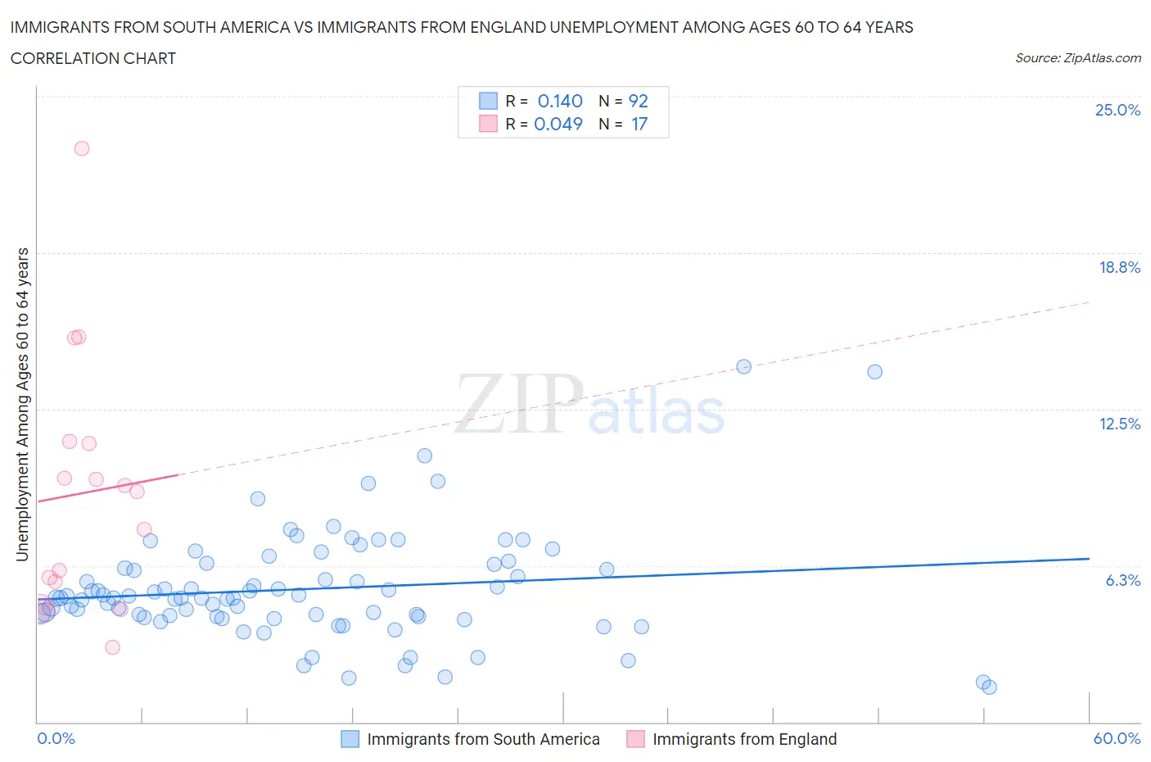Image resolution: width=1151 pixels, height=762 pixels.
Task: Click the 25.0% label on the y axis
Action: point(1117,110)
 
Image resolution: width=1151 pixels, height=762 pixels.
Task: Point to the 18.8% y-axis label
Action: point(1119,267)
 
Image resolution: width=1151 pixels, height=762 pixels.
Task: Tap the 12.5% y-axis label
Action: point(1119,424)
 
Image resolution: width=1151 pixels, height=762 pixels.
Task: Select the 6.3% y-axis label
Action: point(1122,580)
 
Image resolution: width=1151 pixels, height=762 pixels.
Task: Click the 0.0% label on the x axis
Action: point(56,738)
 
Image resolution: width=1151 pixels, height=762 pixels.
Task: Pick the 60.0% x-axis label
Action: point(1117,738)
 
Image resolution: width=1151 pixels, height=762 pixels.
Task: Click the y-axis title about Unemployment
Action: point(22,404)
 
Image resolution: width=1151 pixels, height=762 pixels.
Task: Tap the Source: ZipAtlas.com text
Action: point(1077,58)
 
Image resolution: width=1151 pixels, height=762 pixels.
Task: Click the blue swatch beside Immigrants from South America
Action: point(350,739)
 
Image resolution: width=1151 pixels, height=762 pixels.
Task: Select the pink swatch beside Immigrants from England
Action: point(635,739)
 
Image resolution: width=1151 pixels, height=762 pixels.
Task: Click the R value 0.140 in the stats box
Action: point(560,101)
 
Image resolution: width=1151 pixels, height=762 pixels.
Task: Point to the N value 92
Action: point(638,101)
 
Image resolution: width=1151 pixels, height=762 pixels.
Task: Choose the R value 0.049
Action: point(558,124)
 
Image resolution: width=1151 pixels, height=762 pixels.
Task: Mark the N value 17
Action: point(639,124)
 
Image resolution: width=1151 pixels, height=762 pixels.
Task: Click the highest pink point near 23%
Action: point(82,148)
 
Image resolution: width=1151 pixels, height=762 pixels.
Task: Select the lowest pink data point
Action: point(113,647)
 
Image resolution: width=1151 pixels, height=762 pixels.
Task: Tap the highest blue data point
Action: point(744,366)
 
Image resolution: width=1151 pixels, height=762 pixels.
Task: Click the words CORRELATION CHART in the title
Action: point(93,58)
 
